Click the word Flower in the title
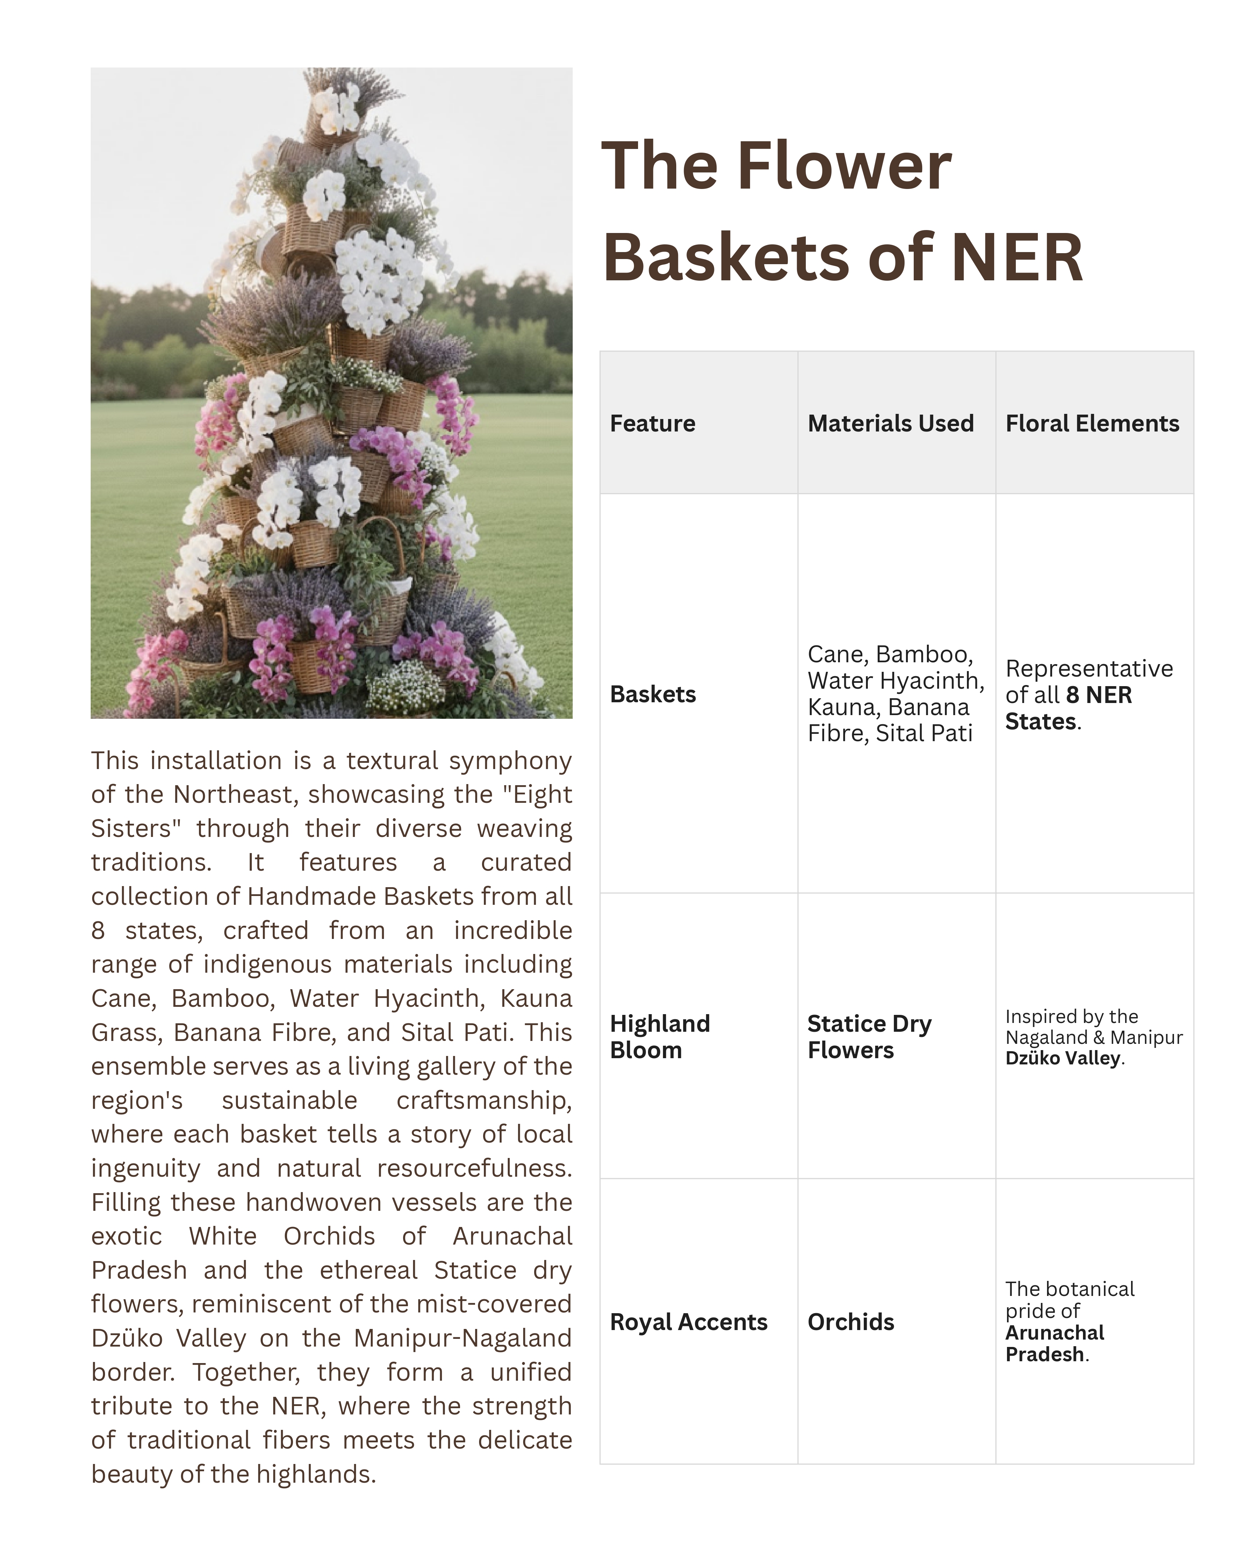click(x=844, y=167)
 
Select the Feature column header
click(x=652, y=424)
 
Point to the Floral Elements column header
click(x=1092, y=424)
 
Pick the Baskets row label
click(x=652, y=694)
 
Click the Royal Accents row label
click(x=688, y=1322)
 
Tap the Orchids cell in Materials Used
click(x=851, y=1322)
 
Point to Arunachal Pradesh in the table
click(x=1054, y=1343)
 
